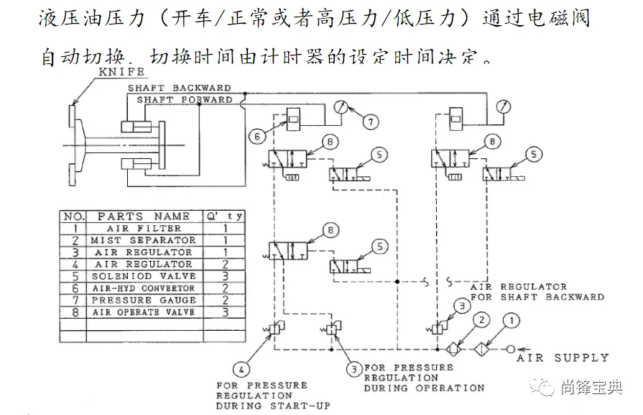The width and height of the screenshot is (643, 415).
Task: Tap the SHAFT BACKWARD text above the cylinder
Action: [x=180, y=88]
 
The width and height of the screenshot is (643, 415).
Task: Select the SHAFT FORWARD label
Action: [x=185, y=99]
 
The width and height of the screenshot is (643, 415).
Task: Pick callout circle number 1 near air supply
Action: [x=512, y=320]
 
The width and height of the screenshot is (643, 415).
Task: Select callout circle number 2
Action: [x=482, y=319]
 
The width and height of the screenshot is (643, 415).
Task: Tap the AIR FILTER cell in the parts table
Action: [x=144, y=228]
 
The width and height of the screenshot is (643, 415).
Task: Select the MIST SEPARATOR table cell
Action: [x=143, y=240]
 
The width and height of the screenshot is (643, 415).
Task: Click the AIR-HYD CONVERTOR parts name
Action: [x=143, y=288]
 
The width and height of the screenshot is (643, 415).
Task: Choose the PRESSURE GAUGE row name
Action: [x=143, y=301]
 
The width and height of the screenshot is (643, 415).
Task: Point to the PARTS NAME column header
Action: [x=144, y=216]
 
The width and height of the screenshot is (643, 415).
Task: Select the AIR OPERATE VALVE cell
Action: [x=143, y=313]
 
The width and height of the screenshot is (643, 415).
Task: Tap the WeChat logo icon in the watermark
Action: [x=547, y=387]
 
